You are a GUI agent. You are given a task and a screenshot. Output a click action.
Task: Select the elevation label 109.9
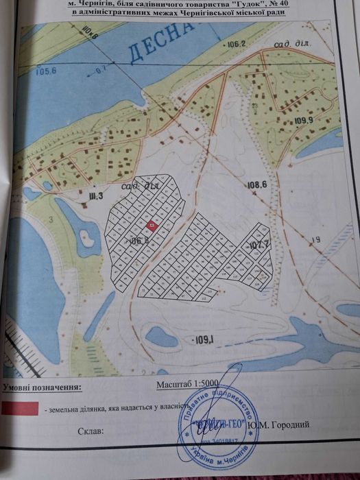coord(303,121)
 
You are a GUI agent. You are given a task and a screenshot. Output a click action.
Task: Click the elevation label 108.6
coord(256,184)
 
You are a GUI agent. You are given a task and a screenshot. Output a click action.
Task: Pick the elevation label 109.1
coord(205,339)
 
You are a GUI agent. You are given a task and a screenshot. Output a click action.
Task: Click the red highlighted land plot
coord(152,226)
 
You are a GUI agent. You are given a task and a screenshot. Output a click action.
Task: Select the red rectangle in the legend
coord(21,408)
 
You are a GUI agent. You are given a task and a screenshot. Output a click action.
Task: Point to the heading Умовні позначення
coord(41,388)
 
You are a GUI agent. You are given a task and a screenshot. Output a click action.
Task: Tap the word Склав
coord(91,432)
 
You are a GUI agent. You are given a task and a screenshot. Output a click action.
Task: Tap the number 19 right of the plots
coord(315,239)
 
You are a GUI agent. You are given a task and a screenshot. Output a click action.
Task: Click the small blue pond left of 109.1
coord(162,336)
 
